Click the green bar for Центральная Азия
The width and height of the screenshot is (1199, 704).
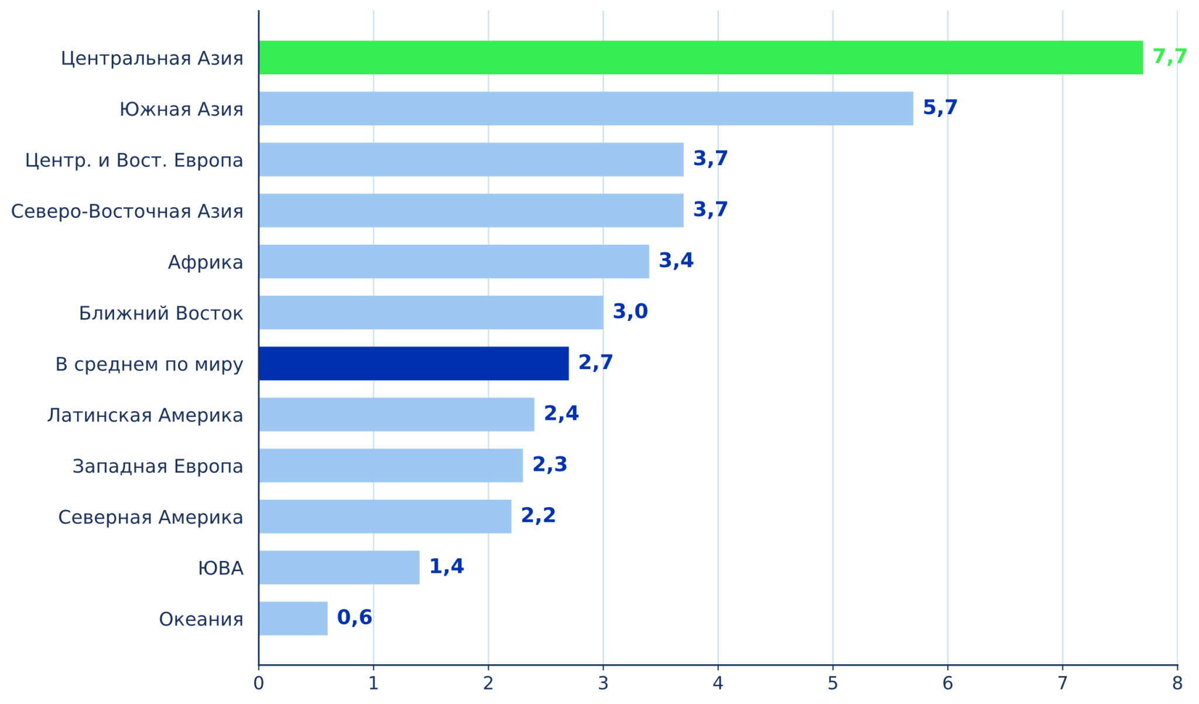[x=701, y=57]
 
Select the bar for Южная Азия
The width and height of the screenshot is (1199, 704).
[x=586, y=108]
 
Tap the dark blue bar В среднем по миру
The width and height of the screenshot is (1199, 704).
[x=414, y=363]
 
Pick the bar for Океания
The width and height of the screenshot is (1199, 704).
[x=293, y=618]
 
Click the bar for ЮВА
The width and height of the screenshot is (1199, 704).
[x=340, y=567]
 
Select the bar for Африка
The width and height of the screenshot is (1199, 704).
[x=454, y=261]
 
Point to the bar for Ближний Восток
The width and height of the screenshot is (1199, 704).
[x=431, y=312]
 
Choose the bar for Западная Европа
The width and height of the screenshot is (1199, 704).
[x=391, y=465]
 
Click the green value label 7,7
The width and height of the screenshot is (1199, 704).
[x=1170, y=57]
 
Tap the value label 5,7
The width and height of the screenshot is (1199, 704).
[x=940, y=108]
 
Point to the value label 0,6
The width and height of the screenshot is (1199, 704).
[x=355, y=617]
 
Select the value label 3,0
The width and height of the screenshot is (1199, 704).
[x=631, y=312]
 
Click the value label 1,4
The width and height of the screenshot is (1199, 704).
[x=447, y=566]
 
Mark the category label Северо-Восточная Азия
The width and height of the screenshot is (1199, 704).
[x=127, y=211]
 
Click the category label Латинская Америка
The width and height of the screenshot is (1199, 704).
[x=145, y=415]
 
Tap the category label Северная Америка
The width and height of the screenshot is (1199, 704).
[x=150, y=517]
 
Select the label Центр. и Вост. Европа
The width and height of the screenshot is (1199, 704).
[x=134, y=160]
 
